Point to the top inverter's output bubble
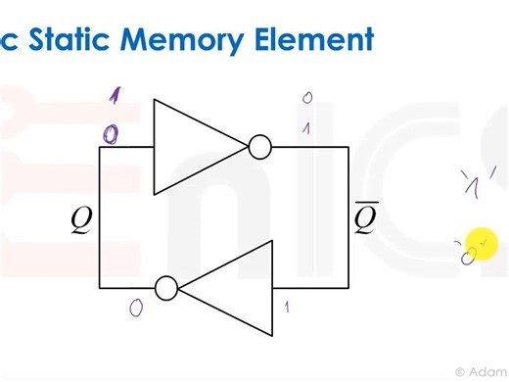pyautogui.click(x=259, y=147)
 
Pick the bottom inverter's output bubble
pyautogui.click(x=166, y=288)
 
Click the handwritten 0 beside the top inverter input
pyautogui.click(x=115, y=130)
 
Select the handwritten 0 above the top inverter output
pyautogui.click(x=307, y=98)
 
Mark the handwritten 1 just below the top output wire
pyautogui.click(x=307, y=128)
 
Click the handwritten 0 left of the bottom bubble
pyautogui.click(x=136, y=308)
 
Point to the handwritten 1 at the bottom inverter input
pyautogui.click(x=286, y=307)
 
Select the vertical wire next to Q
pyautogui.click(x=100, y=217)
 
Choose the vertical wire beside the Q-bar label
pyautogui.click(x=348, y=217)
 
